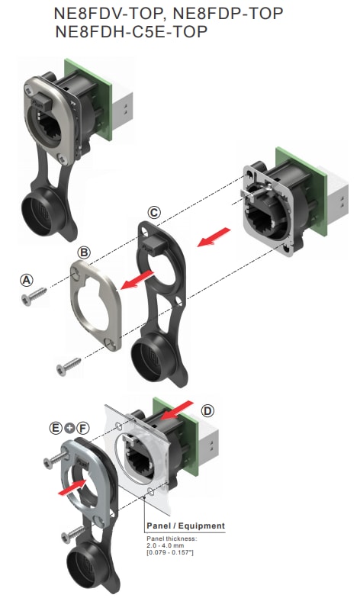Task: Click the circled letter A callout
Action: pyautogui.click(x=26, y=280)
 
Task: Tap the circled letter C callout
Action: pyautogui.click(x=154, y=211)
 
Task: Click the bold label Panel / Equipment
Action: pyautogui.click(x=185, y=526)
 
